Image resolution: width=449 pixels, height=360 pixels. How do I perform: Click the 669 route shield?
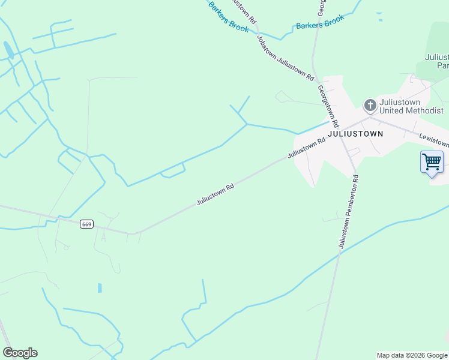coord(87,224)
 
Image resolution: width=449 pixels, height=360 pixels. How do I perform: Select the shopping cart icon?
coord(432,161)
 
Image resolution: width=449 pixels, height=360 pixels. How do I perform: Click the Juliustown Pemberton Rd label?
coord(348,211)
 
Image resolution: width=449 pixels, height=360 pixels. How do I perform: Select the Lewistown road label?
coord(433,140)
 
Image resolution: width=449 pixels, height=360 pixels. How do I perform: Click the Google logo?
coord(20,353)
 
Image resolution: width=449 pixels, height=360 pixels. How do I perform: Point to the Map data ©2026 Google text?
coord(412,355)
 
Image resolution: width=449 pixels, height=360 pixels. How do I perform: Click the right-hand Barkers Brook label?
coord(321,23)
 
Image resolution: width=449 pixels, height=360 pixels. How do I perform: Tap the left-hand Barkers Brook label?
coord(228,17)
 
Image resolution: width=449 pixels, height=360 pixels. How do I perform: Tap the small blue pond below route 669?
coord(100,288)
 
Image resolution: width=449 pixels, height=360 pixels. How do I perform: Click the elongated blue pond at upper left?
coord(8,50)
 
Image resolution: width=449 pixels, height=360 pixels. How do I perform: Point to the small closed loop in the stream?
coord(172,173)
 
